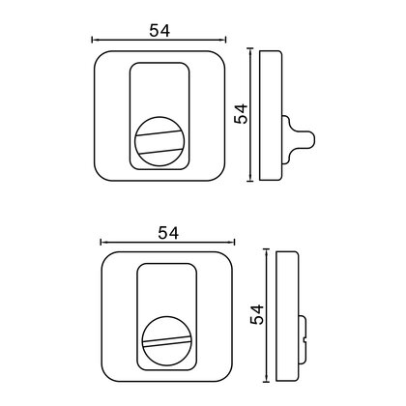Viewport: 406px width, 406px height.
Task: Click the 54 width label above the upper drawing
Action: pyautogui.click(x=159, y=31)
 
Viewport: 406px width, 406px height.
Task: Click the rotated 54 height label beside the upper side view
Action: pyautogui.click(x=241, y=113)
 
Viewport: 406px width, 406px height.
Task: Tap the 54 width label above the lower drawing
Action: pyautogui.click(x=168, y=233)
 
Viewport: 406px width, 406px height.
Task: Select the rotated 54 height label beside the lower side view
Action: pyautogui.click(x=257, y=314)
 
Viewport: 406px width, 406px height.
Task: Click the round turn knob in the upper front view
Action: pyautogui.click(x=159, y=141)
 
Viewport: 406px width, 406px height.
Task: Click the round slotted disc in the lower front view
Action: pyautogui.click(x=167, y=341)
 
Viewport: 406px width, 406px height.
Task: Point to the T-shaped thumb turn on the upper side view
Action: pyautogui.click(x=299, y=139)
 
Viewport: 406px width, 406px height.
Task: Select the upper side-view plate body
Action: pyautogui.click(x=271, y=115)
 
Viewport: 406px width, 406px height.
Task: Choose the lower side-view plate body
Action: pyautogui.click(x=287, y=316)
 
